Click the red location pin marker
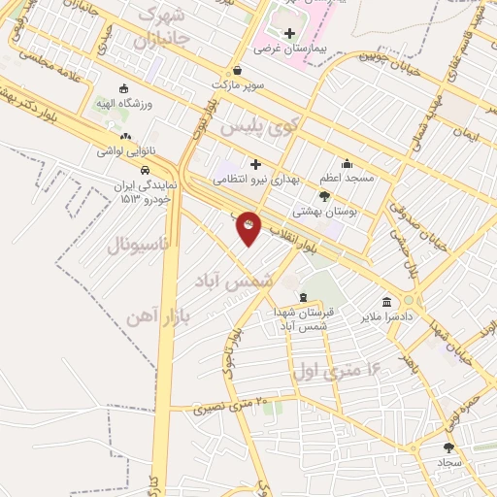(249, 227)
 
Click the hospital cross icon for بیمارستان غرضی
(288, 33)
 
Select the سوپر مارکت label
(239, 84)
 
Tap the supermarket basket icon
(239, 71)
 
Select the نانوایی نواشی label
(125, 151)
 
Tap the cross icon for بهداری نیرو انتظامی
(256, 164)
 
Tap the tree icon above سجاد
(447, 447)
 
